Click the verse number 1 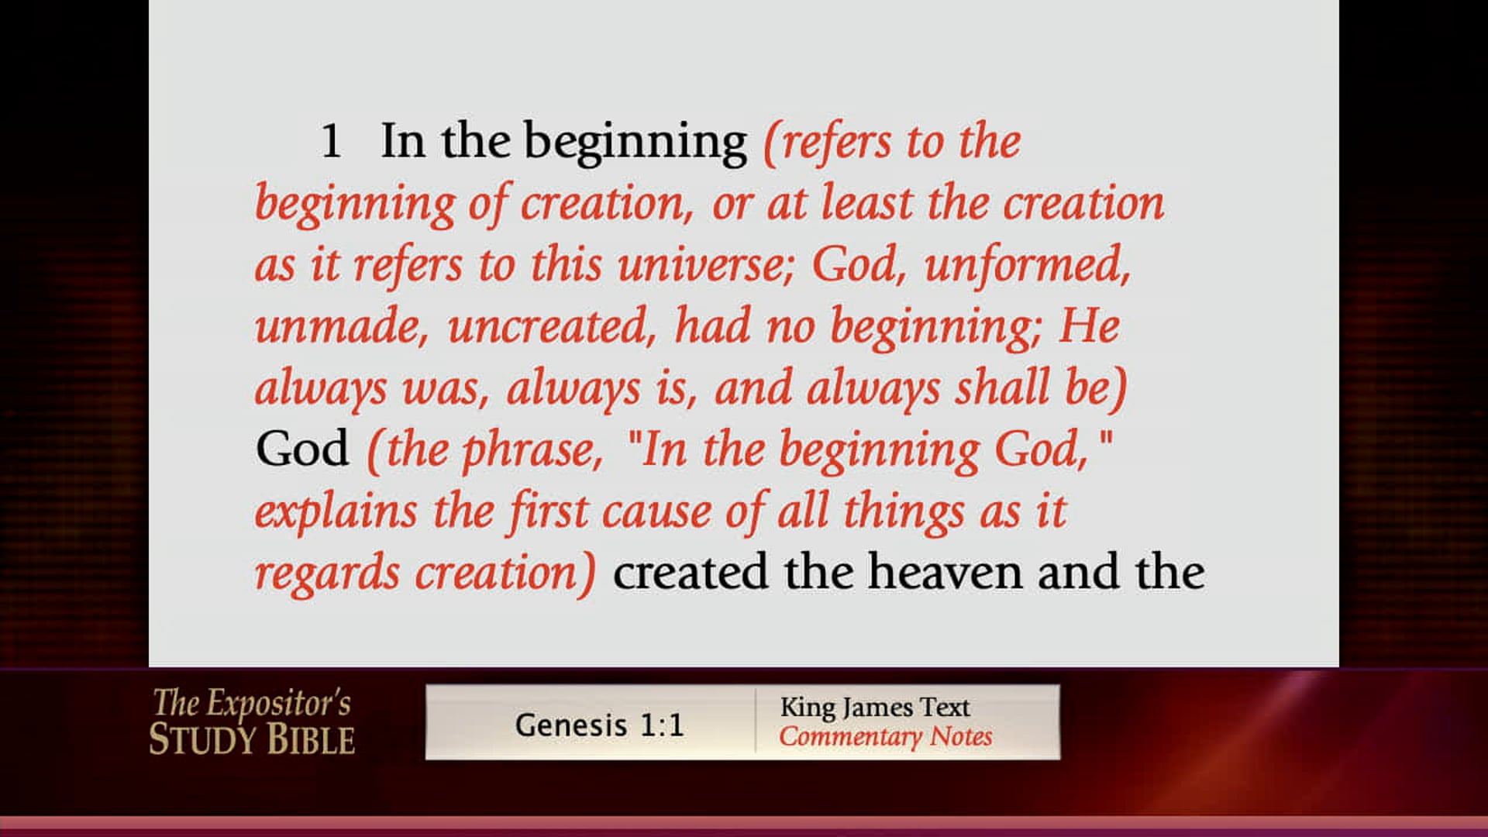[x=331, y=142]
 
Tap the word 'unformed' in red [x=1027, y=265]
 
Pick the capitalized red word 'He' [x=1089, y=325]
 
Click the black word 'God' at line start [x=302, y=449]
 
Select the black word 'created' [x=691, y=573]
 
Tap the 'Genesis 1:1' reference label [x=599, y=725]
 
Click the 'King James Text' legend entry [x=875, y=707]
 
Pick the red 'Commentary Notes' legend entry [x=886, y=736]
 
